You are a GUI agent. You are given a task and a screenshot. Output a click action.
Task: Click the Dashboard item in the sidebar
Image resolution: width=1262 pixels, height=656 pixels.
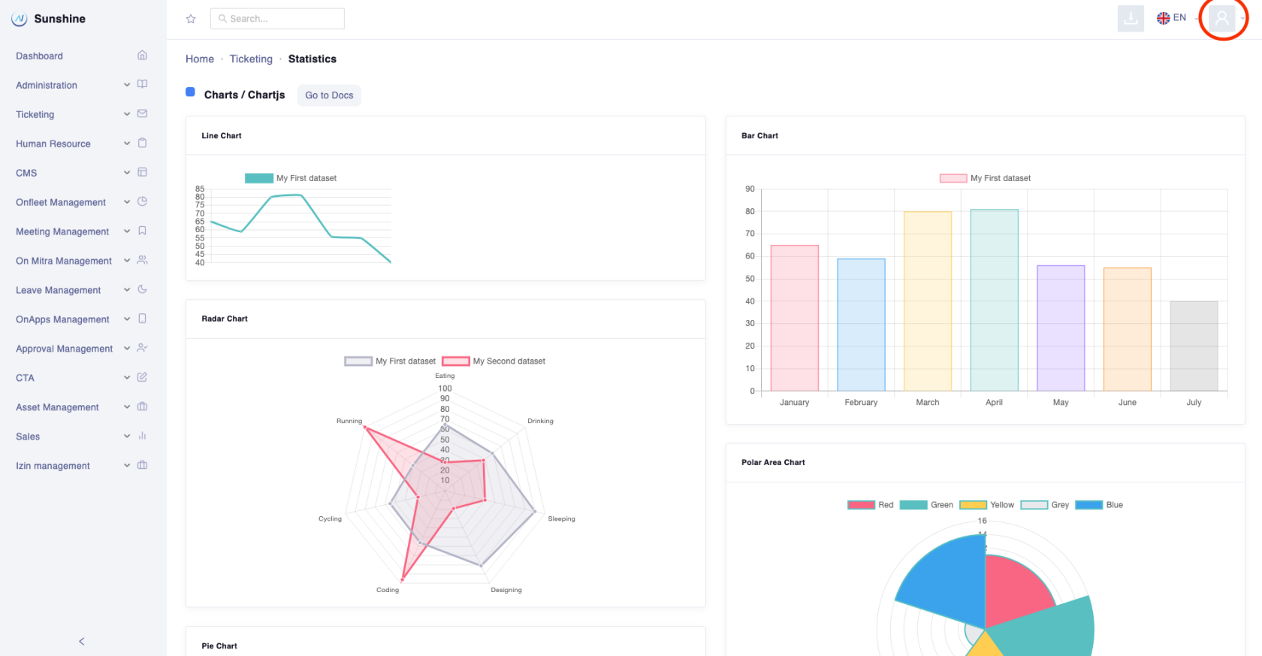40,56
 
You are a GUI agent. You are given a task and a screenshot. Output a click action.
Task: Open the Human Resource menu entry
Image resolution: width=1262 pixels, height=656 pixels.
53,144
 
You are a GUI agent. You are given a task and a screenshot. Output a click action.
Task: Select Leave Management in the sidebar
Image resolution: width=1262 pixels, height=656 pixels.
59,291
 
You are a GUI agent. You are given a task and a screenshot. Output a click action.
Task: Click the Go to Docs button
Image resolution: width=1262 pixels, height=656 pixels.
329,95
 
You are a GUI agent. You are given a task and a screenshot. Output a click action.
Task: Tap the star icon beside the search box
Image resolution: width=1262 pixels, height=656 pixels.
191,19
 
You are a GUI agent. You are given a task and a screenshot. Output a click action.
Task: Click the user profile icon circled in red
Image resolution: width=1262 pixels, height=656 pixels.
1222,18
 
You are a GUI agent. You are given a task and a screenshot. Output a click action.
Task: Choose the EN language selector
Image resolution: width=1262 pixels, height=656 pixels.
1172,18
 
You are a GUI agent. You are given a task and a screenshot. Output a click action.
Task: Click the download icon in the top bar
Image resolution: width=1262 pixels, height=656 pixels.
1131,18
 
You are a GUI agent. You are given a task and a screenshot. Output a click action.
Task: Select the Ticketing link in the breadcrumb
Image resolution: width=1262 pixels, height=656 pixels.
251,59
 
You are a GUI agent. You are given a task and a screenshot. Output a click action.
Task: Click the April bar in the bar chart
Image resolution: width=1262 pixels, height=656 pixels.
994,301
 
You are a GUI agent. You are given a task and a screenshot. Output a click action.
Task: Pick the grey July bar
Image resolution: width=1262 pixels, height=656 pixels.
1194,346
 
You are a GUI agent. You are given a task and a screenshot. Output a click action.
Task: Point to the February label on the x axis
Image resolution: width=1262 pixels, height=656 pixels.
861,403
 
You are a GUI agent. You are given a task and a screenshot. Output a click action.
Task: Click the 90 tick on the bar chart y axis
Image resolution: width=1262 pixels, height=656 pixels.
750,189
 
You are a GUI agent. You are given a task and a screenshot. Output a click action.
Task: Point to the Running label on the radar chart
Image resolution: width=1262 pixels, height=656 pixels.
349,422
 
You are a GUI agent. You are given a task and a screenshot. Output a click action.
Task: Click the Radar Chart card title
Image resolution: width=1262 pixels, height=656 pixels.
225,319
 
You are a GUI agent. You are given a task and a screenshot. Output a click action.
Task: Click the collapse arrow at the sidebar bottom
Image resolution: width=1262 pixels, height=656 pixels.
82,641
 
